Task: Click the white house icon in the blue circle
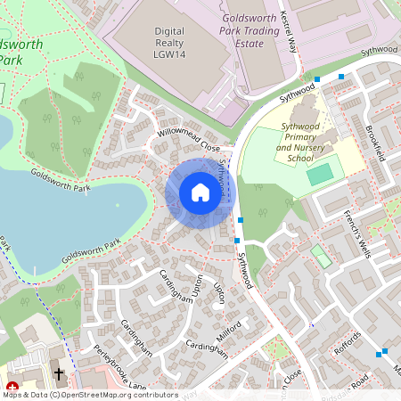[200, 192]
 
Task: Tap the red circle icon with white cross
[12, 386]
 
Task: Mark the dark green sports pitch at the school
[320, 175]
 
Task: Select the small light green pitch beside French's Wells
[320, 257]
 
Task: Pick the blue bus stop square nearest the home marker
[240, 219]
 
